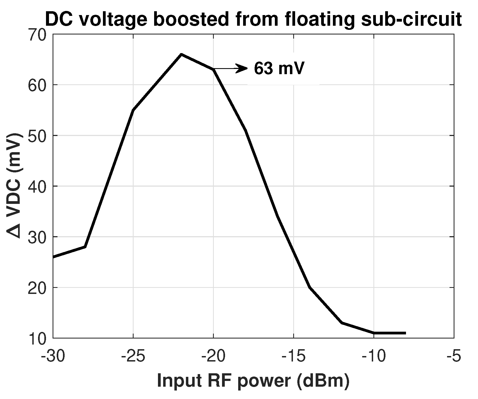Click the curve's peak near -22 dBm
[181, 54]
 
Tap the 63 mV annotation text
[279, 69]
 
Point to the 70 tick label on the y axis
[37, 36]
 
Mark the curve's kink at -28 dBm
[85, 247]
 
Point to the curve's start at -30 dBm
[54, 257]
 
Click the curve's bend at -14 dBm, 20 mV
[310, 287]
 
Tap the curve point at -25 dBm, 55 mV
[133, 110]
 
